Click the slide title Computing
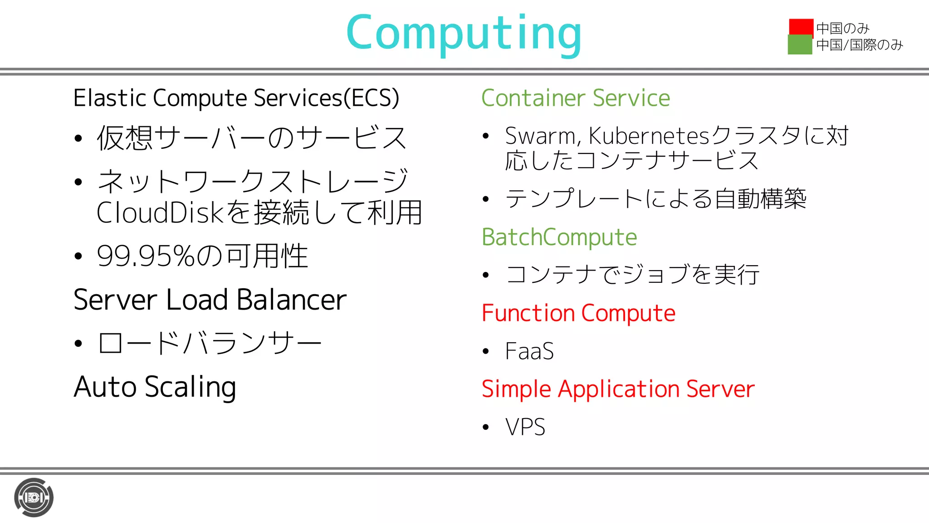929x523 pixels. point(464,34)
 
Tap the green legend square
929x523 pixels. point(800,45)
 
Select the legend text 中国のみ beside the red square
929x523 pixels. point(842,28)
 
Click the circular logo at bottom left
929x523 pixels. point(34,498)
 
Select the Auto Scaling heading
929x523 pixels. point(155,387)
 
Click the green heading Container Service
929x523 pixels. point(575,99)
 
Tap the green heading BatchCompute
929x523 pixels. point(559,237)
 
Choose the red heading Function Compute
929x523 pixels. point(578,313)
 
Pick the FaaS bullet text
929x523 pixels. point(529,351)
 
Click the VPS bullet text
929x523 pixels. point(525,427)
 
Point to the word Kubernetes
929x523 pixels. point(648,136)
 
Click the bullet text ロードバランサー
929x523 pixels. point(210,343)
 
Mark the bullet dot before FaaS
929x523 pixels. point(486,351)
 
